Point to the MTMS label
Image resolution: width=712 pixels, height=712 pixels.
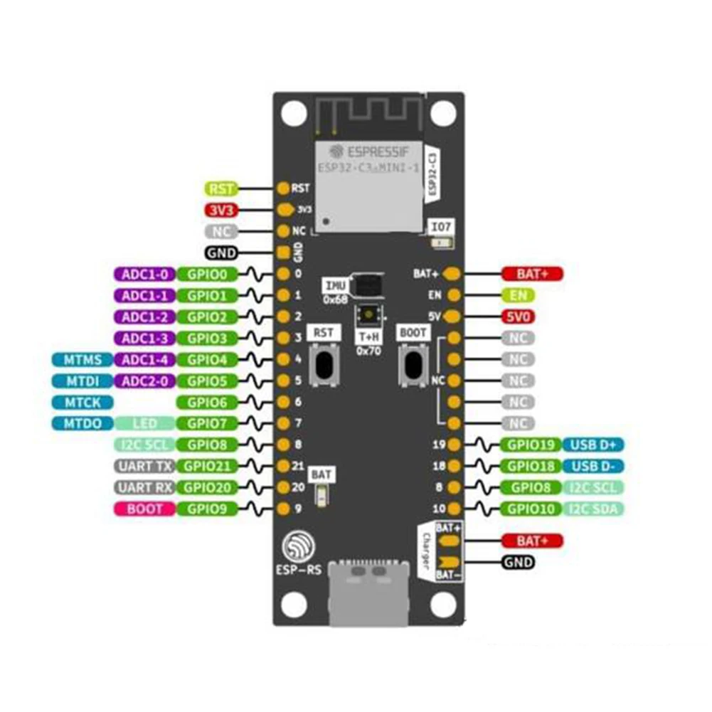82,359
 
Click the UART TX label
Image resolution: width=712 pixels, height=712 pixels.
144,467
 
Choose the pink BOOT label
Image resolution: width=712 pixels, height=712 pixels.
144,509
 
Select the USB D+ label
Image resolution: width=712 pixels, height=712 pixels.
593,445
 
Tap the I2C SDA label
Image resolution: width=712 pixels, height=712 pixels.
593,509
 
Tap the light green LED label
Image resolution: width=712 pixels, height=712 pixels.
144,424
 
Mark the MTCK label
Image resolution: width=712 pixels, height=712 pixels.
82,403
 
